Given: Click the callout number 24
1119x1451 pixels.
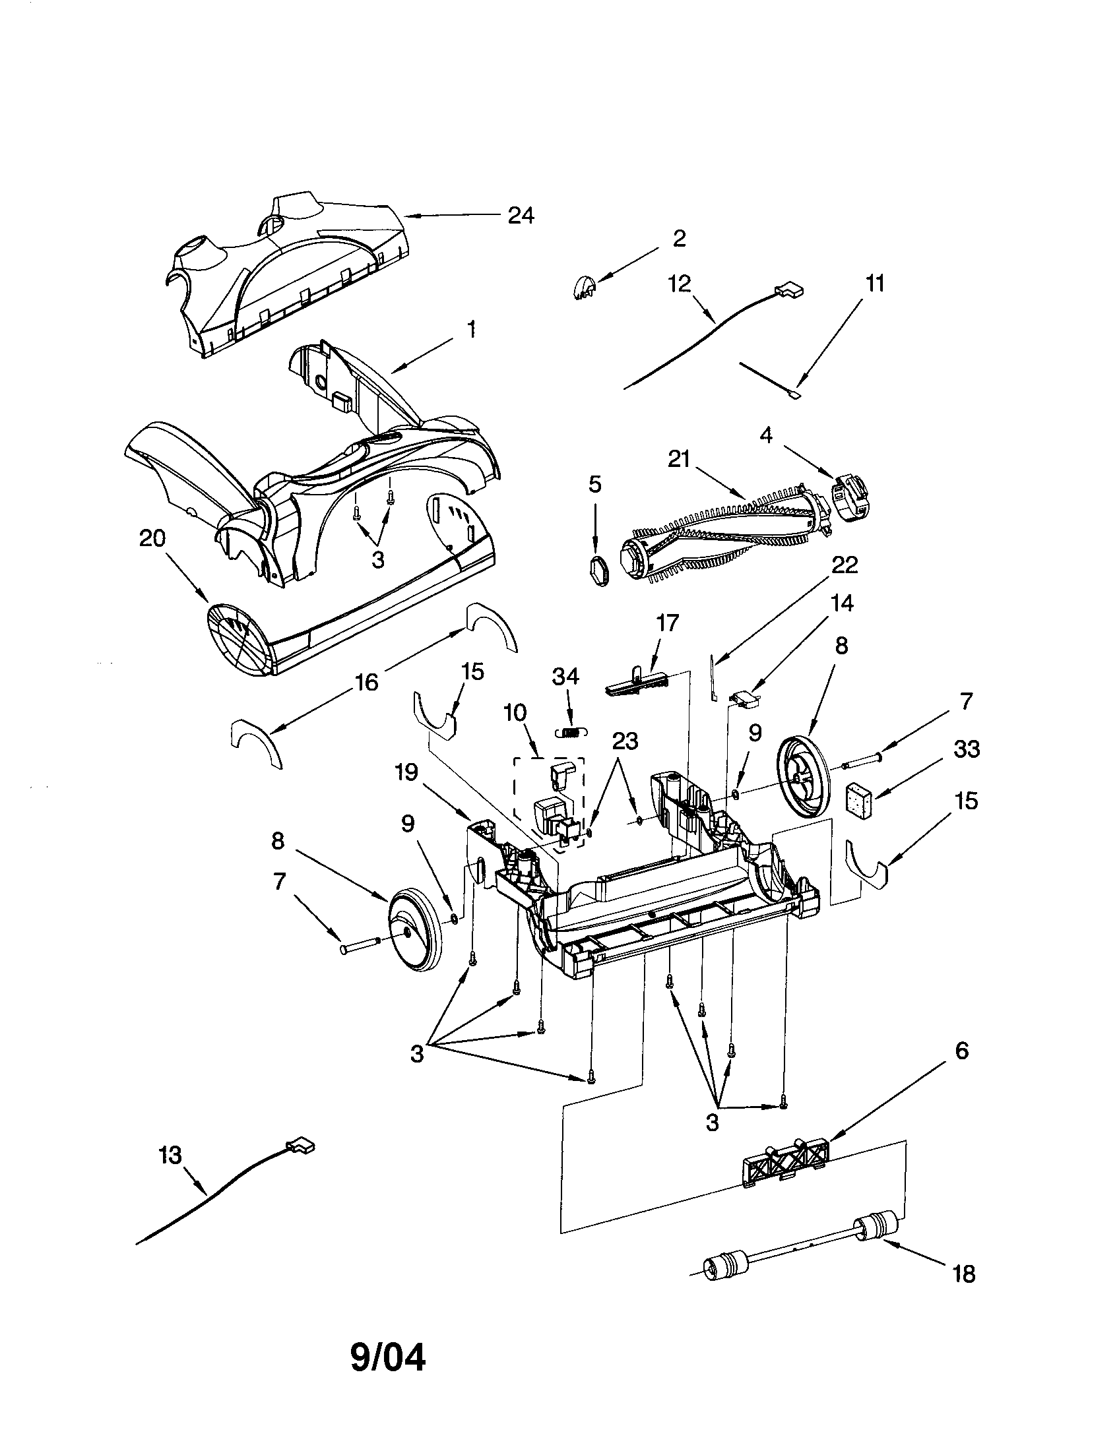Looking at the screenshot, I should [x=521, y=216].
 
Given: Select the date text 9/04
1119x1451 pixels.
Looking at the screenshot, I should [x=388, y=1358].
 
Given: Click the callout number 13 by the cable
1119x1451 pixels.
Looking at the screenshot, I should [x=170, y=1156].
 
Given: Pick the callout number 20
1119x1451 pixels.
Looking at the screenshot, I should [x=152, y=538].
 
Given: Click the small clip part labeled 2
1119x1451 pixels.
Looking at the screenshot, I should [x=583, y=289].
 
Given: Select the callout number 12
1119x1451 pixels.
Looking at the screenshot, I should [x=680, y=284].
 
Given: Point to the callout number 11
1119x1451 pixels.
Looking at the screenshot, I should [x=875, y=284].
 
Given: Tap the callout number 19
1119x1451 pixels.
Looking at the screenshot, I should [x=406, y=773].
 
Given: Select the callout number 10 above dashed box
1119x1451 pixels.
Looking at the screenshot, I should [x=515, y=713].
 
